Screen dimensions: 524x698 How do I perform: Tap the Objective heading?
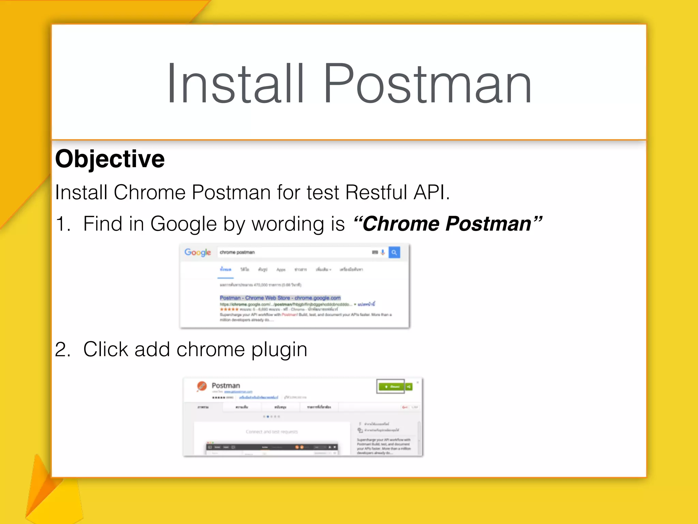[110, 159]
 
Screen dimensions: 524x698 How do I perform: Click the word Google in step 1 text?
[183, 224]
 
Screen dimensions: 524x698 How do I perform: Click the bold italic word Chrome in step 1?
[400, 224]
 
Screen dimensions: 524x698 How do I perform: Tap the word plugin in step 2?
[279, 350]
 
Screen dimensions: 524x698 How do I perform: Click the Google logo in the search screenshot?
[198, 252]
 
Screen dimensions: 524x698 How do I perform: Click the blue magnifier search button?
[394, 252]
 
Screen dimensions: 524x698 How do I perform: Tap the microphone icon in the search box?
[383, 252]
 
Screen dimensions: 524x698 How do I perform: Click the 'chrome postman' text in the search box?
[237, 252]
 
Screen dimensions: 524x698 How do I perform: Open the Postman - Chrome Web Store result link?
[280, 298]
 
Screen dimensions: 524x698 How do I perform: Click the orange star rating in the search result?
[229, 309]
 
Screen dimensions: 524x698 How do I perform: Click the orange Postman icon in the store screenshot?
[201, 386]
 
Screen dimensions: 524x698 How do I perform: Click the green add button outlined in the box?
[391, 387]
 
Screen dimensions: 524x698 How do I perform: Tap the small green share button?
[409, 387]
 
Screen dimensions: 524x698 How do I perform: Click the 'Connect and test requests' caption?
[272, 432]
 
